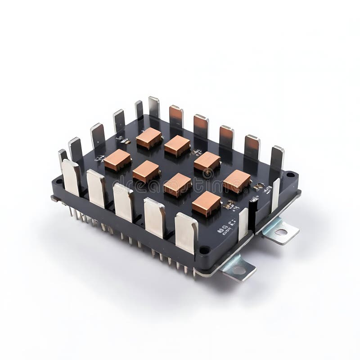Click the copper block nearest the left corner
pyautogui.click(x=117, y=159)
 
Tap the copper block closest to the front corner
pyautogui.click(x=206, y=203)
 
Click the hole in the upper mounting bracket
pyautogui.click(x=281, y=232)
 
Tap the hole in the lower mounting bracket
pyautogui.click(x=239, y=270)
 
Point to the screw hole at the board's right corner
pyautogui.click(x=290, y=175)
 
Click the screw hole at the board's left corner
pyautogui.click(x=57, y=181)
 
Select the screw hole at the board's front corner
pyautogui.click(x=204, y=250)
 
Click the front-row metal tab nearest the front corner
pyautogui.click(x=186, y=232)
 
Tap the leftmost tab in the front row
pyautogui.click(x=71, y=177)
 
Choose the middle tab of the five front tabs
pyautogui.click(x=123, y=201)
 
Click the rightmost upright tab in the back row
pyautogui.click(x=277, y=157)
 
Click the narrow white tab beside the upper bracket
pyautogui.click(x=275, y=195)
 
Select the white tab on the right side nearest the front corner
pyautogui.click(x=243, y=223)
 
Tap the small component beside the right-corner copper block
pyautogui.click(x=258, y=186)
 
